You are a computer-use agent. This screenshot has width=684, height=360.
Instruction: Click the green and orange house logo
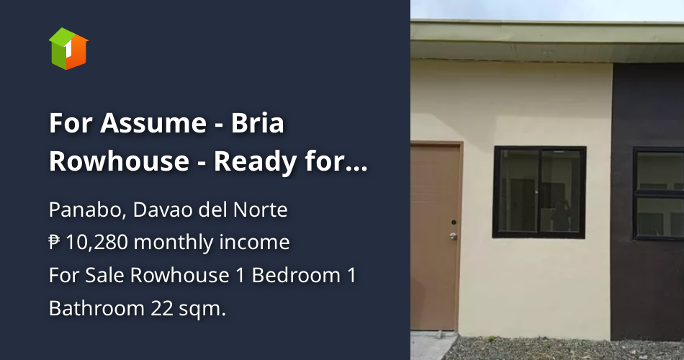(68, 48)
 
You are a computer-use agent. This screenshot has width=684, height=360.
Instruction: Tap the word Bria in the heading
(258, 124)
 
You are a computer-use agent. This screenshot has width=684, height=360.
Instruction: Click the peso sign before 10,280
(55, 243)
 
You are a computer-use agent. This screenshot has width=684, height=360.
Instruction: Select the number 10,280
(96, 243)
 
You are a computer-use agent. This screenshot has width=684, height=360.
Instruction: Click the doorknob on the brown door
(453, 235)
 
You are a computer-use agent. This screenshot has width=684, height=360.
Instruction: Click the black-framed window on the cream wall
(539, 192)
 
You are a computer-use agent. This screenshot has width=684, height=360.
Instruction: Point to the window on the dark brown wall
(659, 193)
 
